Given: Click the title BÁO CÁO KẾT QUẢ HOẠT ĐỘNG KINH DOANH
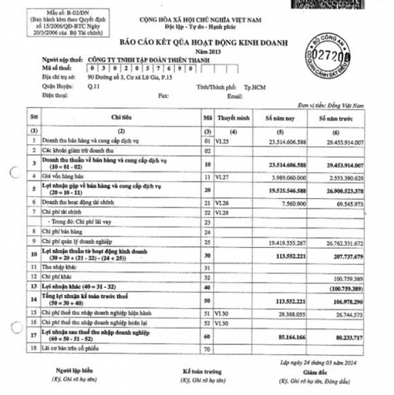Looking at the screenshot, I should (204, 43).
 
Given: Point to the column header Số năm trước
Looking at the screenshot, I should (335, 118).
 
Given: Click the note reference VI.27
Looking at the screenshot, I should (222, 178).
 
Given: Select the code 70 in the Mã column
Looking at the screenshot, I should (207, 349).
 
